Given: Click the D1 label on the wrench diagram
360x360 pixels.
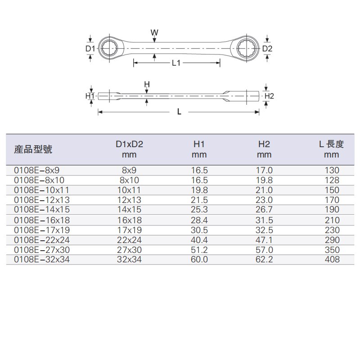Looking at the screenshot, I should (89, 48).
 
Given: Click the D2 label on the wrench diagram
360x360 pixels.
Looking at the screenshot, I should (267, 48).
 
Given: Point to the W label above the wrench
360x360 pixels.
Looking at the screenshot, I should (154, 32).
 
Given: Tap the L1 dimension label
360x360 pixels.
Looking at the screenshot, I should (176, 64).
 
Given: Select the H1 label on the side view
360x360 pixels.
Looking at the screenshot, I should (90, 96).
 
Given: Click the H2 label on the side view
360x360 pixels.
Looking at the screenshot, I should (269, 96).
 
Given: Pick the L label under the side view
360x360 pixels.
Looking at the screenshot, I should (179, 112).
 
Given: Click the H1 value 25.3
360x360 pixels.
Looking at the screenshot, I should (199, 210).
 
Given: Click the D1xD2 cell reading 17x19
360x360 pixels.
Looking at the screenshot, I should (132, 230).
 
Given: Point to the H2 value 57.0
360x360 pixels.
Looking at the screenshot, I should (265, 250).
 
